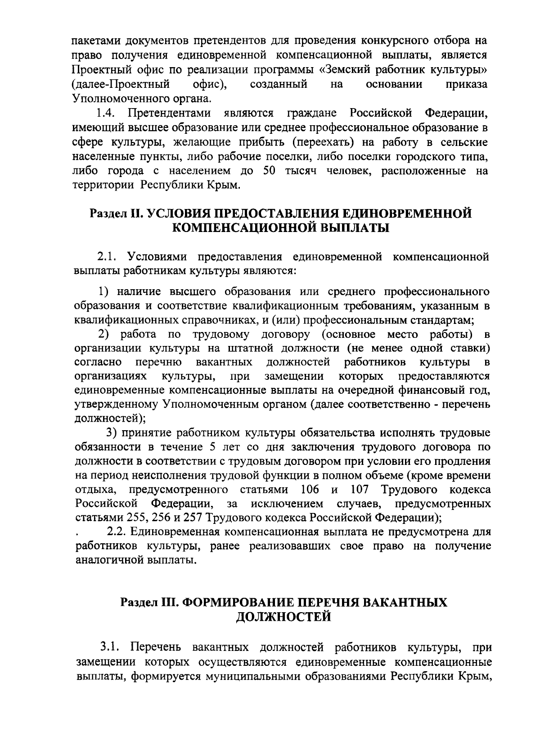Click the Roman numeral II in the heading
pyautogui.click(x=134, y=213)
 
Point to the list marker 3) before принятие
pyautogui.click(x=112, y=433)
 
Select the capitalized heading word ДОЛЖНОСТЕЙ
pyautogui.click(x=283, y=617)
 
